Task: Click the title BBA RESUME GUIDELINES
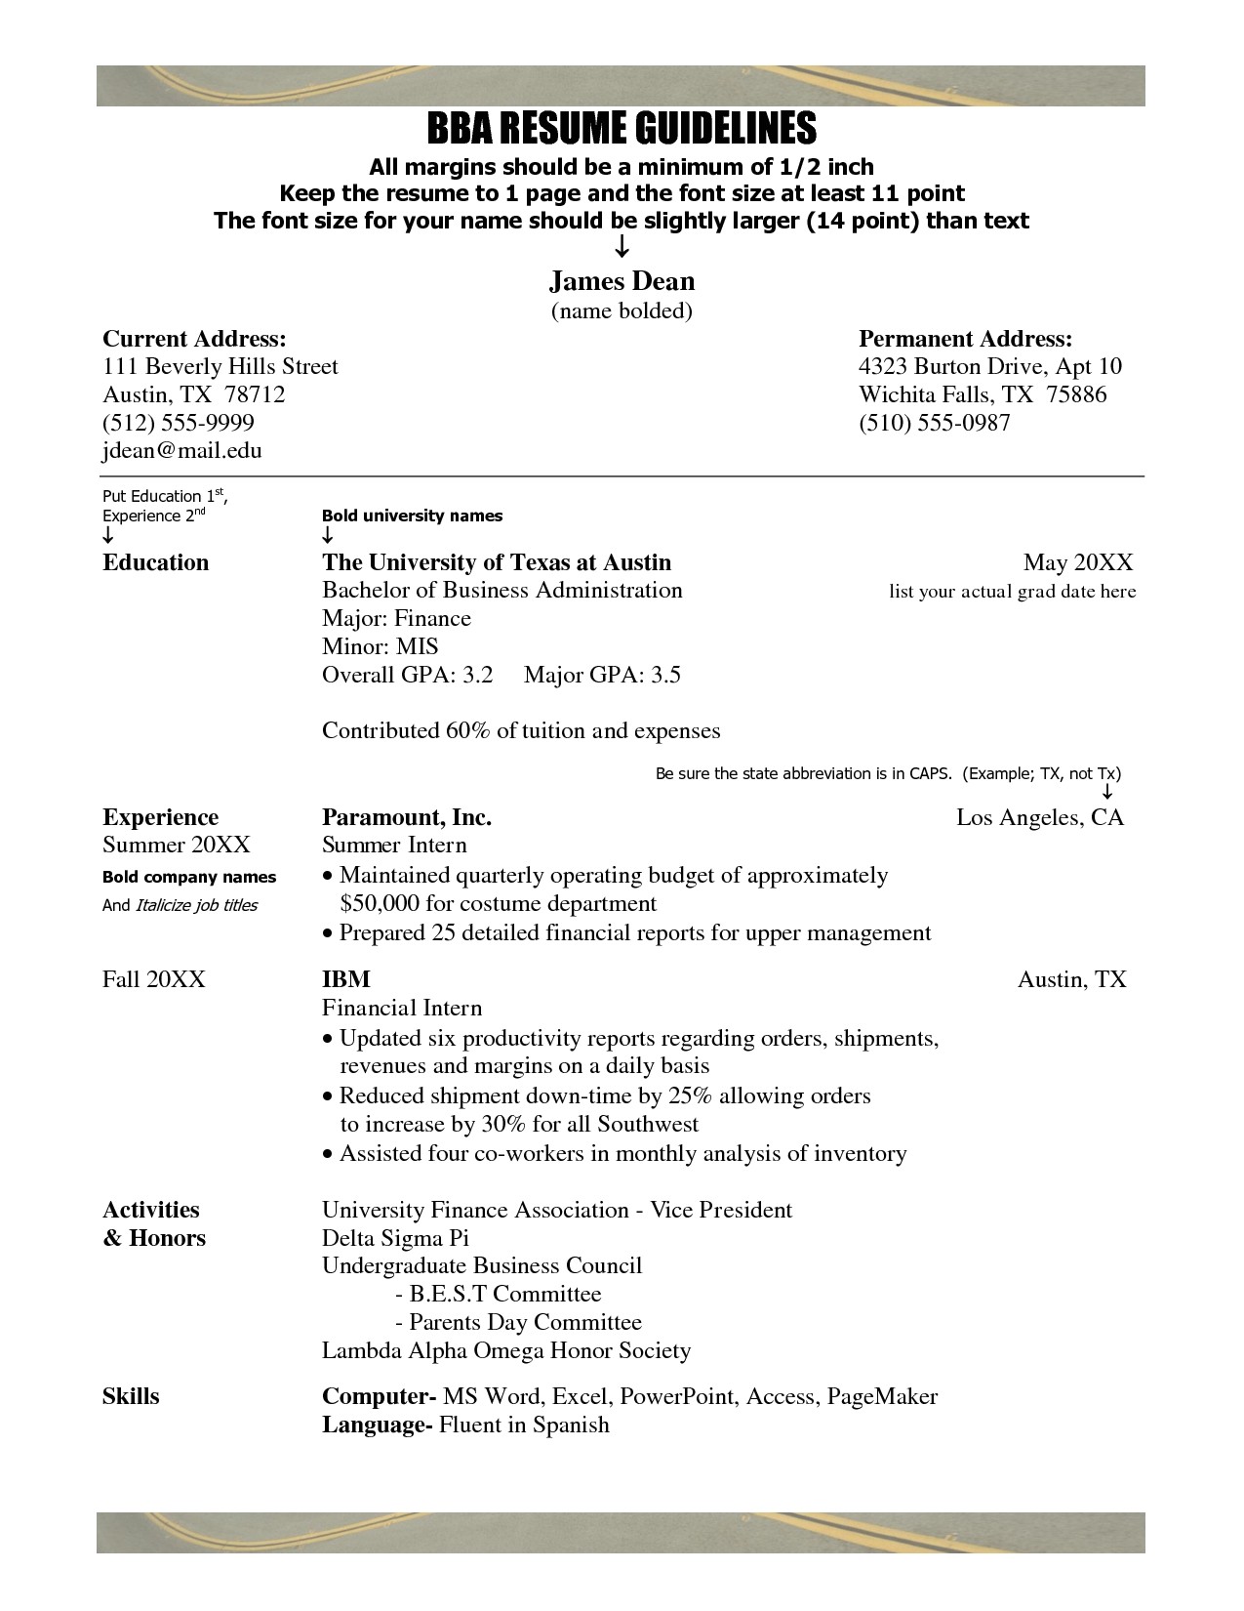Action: pos(622,128)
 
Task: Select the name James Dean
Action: pos(622,281)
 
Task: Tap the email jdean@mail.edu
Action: pos(182,450)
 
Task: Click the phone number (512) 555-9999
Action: pos(179,422)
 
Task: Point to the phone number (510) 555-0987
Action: pos(934,422)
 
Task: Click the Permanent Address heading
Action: pos(965,339)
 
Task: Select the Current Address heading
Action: pos(194,339)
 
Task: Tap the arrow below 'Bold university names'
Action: pos(328,536)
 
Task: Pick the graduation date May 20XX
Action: pos(1077,562)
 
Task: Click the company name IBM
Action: pos(346,978)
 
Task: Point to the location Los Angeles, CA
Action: pos(1040,817)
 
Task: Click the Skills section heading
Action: pos(131,1396)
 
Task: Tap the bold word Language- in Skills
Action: pos(377,1425)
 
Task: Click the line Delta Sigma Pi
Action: pos(395,1238)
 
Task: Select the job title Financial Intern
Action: pos(402,1008)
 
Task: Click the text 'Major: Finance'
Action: pos(396,618)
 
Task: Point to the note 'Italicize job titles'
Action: pos(196,905)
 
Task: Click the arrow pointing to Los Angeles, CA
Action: pos(1107,792)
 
